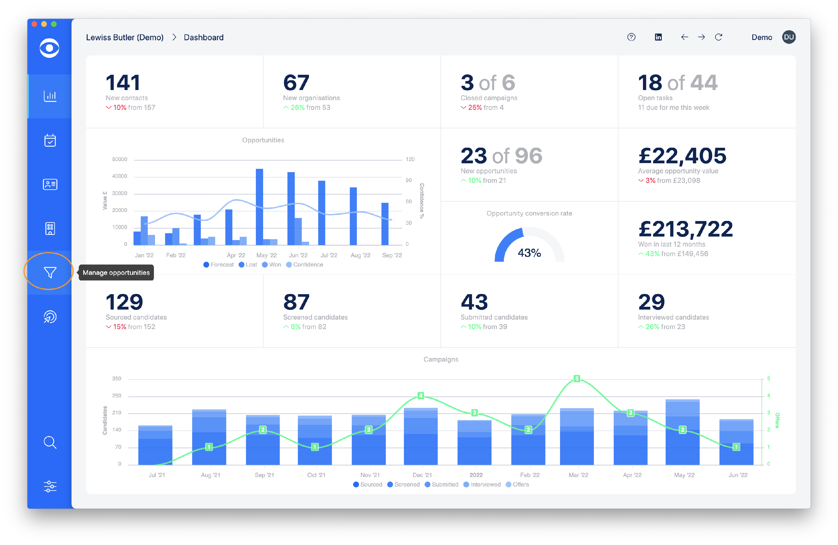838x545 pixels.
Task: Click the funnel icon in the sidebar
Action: pyautogui.click(x=50, y=272)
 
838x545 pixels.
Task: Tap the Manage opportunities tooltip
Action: pyautogui.click(x=116, y=272)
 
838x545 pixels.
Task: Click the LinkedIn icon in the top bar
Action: pyautogui.click(x=658, y=37)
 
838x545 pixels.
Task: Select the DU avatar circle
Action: pyautogui.click(x=789, y=37)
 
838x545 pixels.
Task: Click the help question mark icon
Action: pyautogui.click(x=631, y=37)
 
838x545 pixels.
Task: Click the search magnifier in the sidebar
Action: pyautogui.click(x=50, y=442)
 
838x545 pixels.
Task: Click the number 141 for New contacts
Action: pyautogui.click(x=123, y=82)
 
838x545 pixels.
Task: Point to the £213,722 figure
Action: pyautogui.click(x=685, y=229)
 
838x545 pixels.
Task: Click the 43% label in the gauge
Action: pyautogui.click(x=529, y=253)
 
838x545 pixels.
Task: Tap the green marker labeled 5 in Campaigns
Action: pyautogui.click(x=577, y=378)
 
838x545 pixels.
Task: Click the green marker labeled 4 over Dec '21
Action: pyautogui.click(x=420, y=395)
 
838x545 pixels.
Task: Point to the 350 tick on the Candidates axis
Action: pyautogui.click(x=116, y=378)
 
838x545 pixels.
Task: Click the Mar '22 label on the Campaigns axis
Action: pyautogui.click(x=578, y=475)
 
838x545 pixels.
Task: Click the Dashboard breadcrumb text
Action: pyautogui.click(x=204, y=37)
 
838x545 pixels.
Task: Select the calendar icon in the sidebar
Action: pyautogui.click(x=50, y=140)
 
